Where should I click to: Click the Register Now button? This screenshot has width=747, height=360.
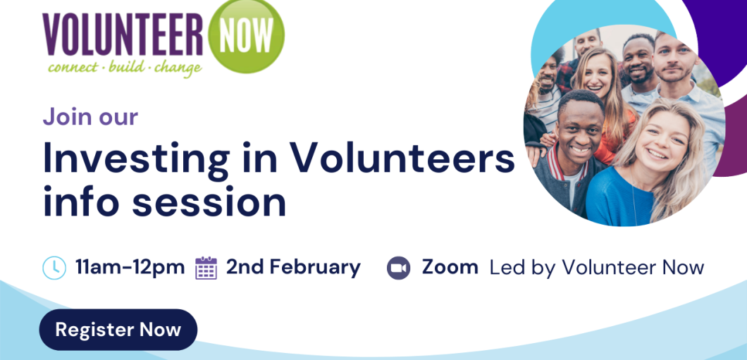pos(118,330)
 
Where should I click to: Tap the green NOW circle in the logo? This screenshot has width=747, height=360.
pos(247,35)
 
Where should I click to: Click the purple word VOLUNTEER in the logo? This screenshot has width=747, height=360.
pos(123,35)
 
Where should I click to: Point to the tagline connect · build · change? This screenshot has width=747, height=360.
pos(125,68)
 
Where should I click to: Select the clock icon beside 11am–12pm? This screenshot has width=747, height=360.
pos(54,268)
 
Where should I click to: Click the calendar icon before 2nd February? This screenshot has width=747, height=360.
pos(206,268)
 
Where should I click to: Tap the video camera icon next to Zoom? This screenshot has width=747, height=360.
pos(398,268)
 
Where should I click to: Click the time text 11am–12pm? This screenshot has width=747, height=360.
pos(130,267)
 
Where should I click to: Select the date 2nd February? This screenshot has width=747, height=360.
pos(293,267)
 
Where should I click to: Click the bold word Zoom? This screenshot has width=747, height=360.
pos(450,267)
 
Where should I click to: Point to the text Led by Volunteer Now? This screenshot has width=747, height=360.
pos(597,268)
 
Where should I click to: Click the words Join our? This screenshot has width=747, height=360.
pos(90,117)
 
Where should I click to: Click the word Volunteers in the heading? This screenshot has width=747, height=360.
pos(403,158)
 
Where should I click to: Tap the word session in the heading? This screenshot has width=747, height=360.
pos(209,202)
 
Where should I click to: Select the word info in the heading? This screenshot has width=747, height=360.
pos(82,201)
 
